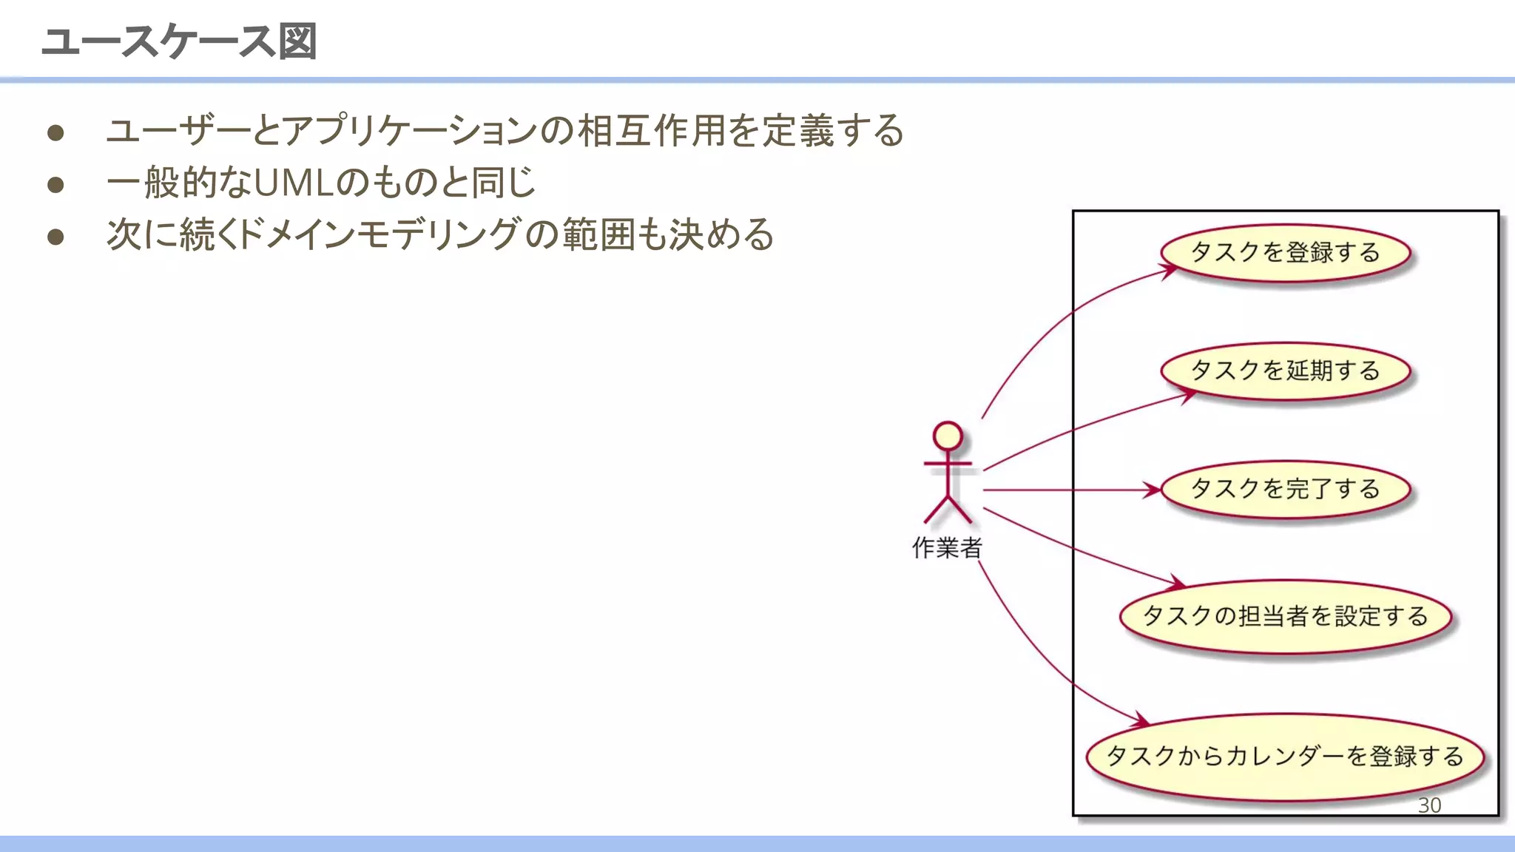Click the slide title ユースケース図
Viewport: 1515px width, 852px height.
coord(180,41)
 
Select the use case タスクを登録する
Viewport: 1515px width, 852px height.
coord(1286,253)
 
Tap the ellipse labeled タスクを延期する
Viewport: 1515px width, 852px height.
coord(1286,371)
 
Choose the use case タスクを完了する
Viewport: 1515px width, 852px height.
coord(1286,489)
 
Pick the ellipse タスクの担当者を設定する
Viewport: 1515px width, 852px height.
coord(1286,616)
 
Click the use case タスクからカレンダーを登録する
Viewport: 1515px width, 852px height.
coord(1286,757)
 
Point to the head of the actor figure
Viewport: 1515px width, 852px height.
coord(948,436)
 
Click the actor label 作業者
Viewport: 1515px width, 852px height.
coord(947,548)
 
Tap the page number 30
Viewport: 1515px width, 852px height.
coord(1429,805)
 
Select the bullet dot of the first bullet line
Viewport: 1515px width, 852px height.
coord(55,133)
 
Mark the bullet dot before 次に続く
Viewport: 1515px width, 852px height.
coord(55,237)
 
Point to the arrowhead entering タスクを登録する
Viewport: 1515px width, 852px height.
coord(1170,271)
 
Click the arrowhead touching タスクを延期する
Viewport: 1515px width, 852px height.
coord(1187,396)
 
